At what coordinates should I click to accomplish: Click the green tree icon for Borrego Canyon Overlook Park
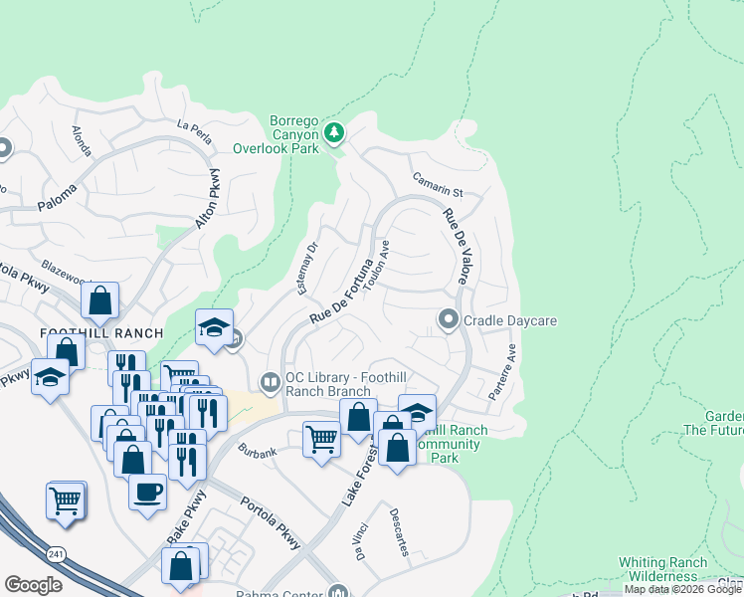point(335,132)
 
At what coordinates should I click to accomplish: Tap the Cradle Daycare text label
point(509,320)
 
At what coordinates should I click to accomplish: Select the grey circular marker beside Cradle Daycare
point(448,319)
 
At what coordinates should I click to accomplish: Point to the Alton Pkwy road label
point(206,200)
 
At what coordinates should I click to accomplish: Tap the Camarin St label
point(438,184)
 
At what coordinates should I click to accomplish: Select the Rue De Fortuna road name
point(340,291)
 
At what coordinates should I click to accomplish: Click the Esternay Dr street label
point(307,269)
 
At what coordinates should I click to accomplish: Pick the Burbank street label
point(257,450)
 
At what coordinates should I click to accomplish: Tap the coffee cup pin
point(147,492)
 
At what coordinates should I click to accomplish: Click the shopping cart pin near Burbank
point(320,438)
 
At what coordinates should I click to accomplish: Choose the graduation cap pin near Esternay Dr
point(213,327)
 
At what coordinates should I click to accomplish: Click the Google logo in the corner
point(34,585)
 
